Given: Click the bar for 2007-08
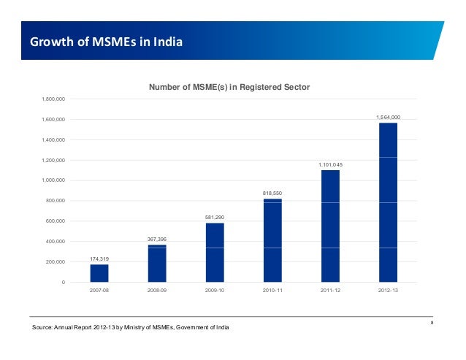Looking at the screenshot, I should click(x=99, y=273).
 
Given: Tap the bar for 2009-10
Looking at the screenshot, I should click(x=215, y=252).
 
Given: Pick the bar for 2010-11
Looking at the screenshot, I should click(x=272, y=240).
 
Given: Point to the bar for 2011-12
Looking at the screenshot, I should click(x=330, y=226).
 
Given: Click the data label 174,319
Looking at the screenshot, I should click(x=99, y=259).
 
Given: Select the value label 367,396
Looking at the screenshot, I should click(x=157, y=239).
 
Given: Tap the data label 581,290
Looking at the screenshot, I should click(x=215, y=218).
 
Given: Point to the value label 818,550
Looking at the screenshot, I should click(x=272, y=193).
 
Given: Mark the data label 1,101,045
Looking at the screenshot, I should click(x=330, y=165).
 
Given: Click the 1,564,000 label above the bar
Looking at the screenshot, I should click(x=388, y=117).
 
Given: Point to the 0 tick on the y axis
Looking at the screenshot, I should click(x=63, y=282).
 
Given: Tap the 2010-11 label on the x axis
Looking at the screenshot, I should click(x=272, y=291).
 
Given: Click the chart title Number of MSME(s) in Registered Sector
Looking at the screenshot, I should click(x=229, y=87).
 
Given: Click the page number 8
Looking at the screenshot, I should click(x=432, y=323).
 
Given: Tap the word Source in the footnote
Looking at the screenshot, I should click(x=42, y=328).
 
